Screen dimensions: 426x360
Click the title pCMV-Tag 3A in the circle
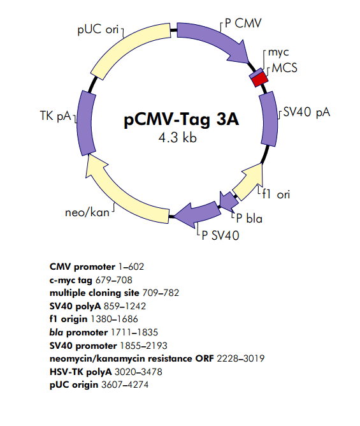tap(180, 120)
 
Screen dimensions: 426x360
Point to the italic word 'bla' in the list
tap(57, 332)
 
